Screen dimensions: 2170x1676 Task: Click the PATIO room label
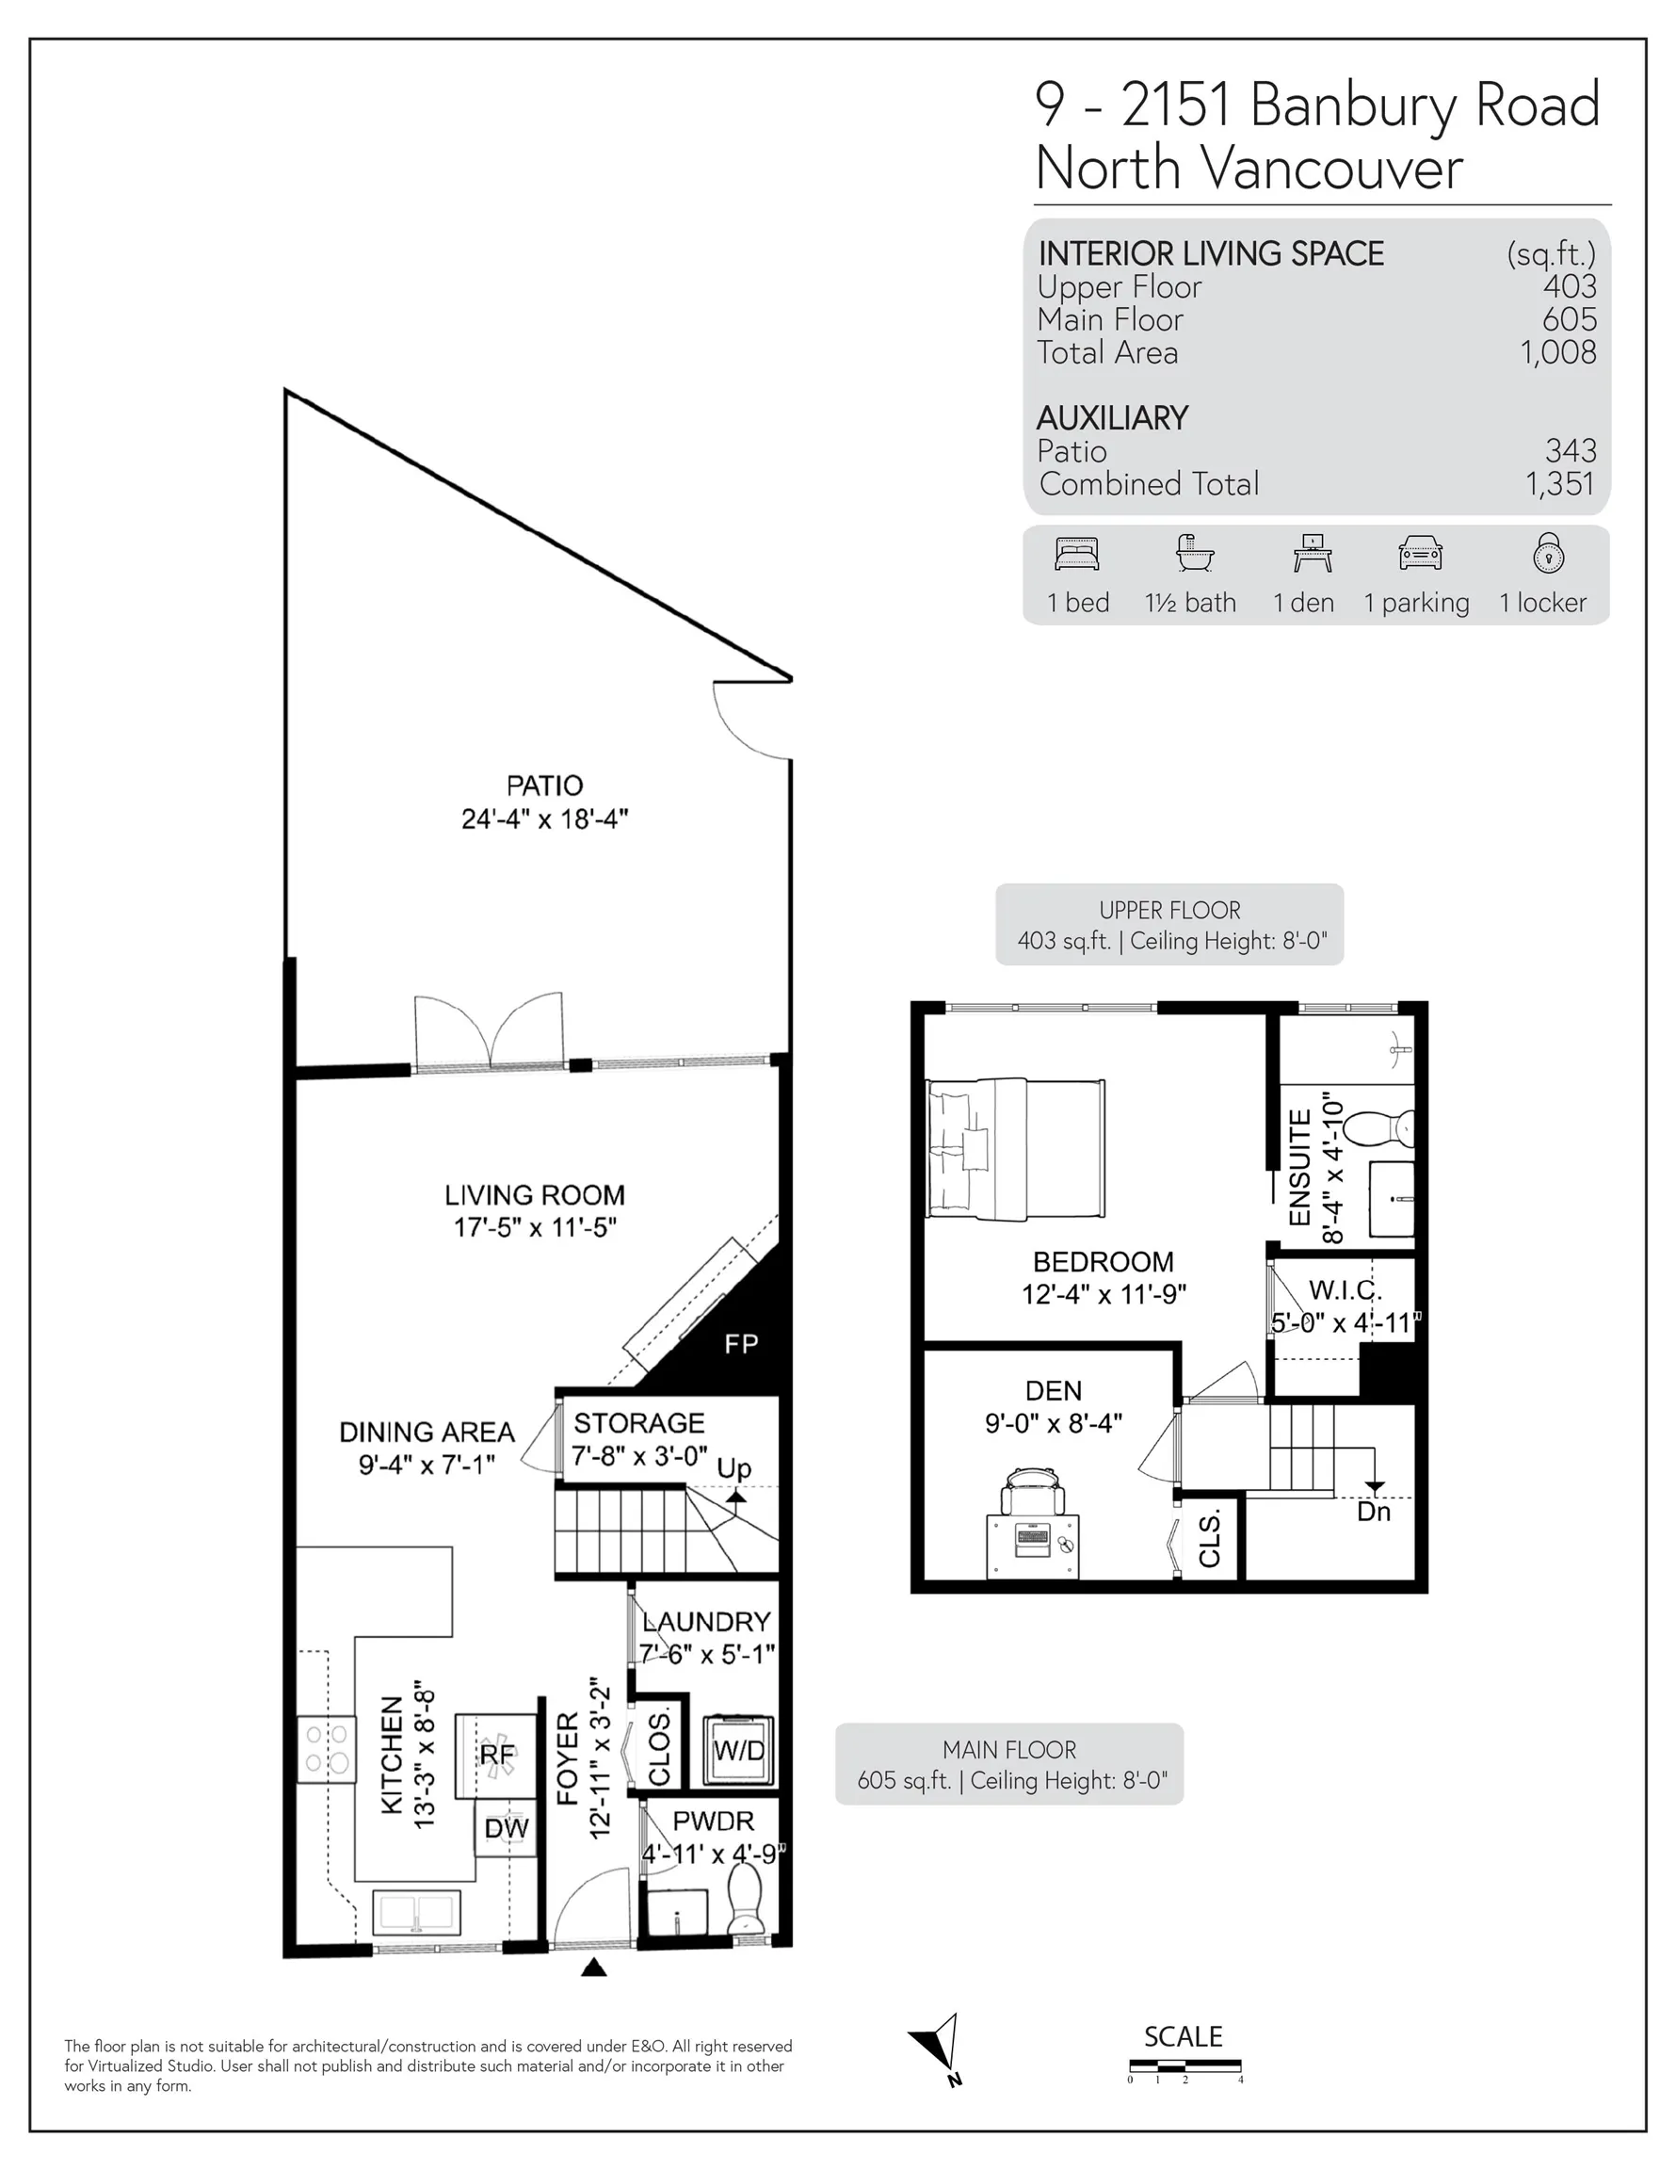(543, 785)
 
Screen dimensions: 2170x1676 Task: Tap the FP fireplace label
(741, 1344)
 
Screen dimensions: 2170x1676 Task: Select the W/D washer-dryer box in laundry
(738, 1751)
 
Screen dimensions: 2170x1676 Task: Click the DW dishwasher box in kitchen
(507, 1829)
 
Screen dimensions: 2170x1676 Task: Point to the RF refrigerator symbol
(497, 1756)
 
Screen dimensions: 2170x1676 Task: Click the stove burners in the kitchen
(326, 1750)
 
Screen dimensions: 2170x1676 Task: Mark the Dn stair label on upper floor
(1373, 1512)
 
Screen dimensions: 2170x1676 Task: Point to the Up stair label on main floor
(734, 1467)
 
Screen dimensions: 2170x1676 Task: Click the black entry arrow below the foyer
(593, 1967)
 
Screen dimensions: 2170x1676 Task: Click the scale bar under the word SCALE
(1184, 2071)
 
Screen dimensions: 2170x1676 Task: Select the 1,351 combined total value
(1560, 484)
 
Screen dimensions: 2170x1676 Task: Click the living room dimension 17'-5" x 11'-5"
(535, 1227)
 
